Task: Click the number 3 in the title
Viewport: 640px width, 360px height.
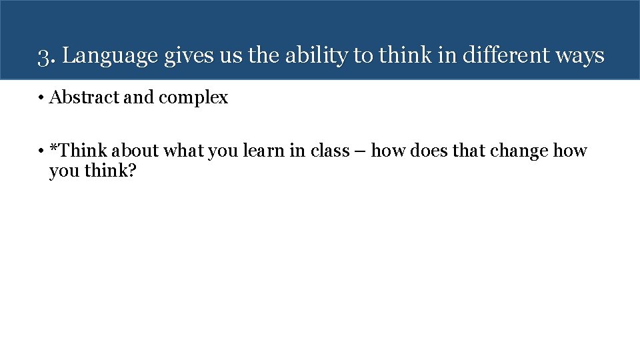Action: point(43,56)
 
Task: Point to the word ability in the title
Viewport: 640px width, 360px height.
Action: point(315,56)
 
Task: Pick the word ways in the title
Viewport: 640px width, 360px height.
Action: point(581,56)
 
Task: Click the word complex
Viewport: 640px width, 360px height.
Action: point(193,98)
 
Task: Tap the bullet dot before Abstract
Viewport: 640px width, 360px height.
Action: point(41,98)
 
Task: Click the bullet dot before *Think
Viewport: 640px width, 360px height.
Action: point(41,151)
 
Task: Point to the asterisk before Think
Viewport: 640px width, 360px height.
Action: point(53,149)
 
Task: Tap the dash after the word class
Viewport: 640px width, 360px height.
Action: point(360,152)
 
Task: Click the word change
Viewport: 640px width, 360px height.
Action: point(519,151)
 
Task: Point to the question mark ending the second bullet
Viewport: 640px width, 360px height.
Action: point(131,171)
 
